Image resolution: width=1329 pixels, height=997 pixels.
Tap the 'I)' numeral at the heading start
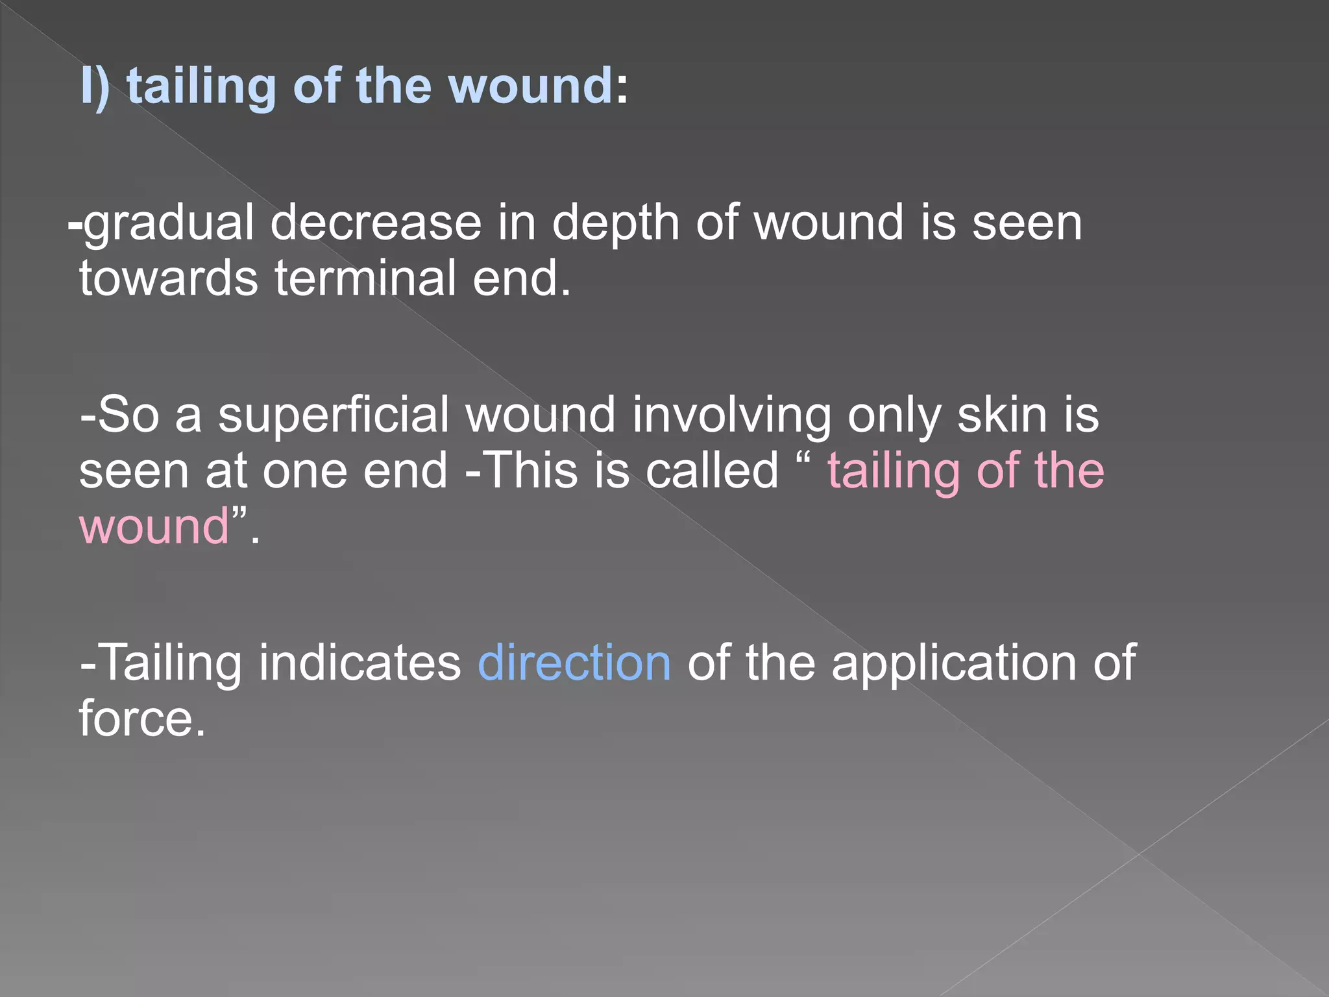coord(95,86)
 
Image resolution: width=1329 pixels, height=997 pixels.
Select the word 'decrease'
coord(375,223)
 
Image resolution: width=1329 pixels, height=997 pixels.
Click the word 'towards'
coord(169,278)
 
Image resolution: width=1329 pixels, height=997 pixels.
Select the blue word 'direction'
coord(574,663)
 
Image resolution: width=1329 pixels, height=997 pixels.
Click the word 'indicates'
coord(360,663)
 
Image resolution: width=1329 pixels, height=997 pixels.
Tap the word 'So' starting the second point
coord(128,415)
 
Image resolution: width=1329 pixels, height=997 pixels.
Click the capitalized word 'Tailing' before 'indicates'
coord(172,664)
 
